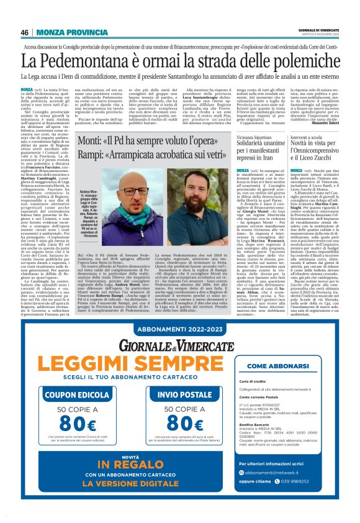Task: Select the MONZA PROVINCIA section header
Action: pyautogui.click(x=72, y=32)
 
